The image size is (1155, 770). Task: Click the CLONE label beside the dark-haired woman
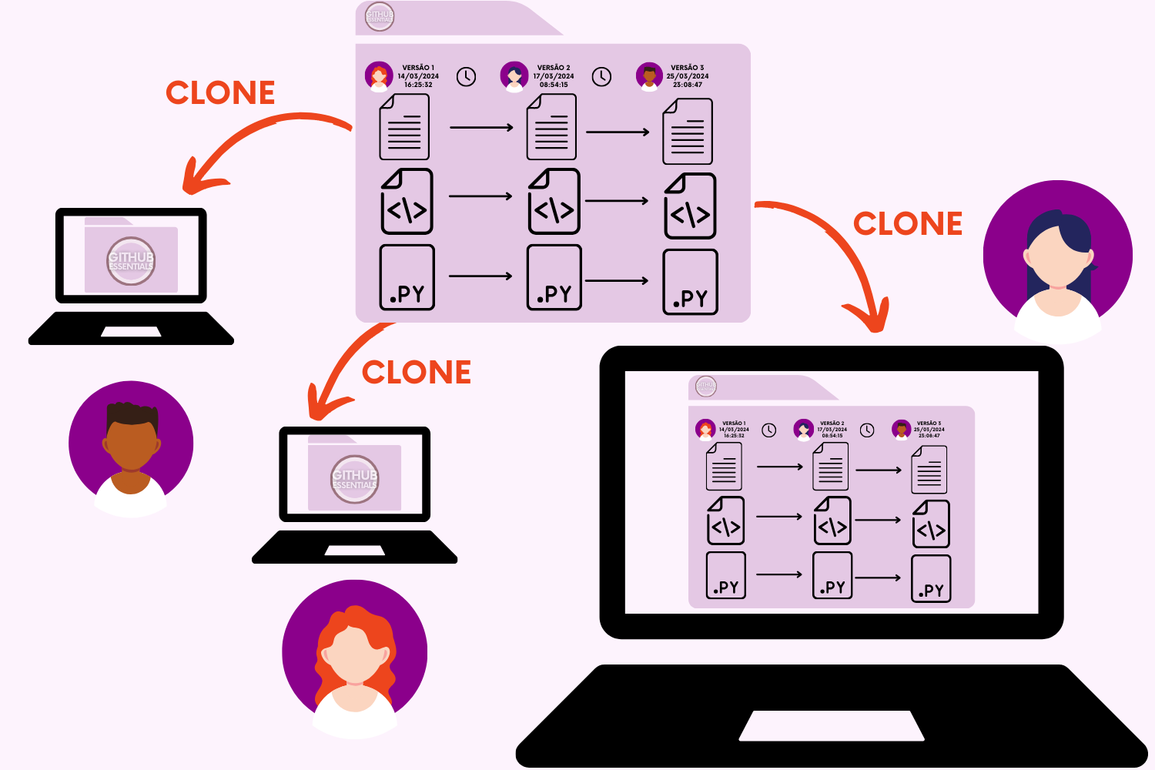(x=908, y=224)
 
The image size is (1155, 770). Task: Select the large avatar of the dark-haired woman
(x=1058, y=259)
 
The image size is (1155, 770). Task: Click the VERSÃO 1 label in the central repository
(x=418, y=68)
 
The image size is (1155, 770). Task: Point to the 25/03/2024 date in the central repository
(x=688, y=76)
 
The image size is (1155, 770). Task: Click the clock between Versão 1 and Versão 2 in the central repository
(x=466, y=77)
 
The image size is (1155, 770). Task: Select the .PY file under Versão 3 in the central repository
(x=690, y=282)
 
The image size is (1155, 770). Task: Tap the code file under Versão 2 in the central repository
(x=554, y=202)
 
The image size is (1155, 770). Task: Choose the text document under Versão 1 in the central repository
(x=404, y=127)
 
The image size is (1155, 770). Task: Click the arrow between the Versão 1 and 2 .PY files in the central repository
(x=480, y=276)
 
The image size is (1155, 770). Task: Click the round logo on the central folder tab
(x=380, y=16)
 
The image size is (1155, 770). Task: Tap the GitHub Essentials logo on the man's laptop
(x=131, y=261)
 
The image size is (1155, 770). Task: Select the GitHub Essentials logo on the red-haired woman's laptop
(x=355, y=479)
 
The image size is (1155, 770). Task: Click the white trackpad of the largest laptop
(x=832, y=725)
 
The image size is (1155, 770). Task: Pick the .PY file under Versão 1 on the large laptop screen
(x=726, y=575)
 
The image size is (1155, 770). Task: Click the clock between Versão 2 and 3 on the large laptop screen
(x=867, y=430)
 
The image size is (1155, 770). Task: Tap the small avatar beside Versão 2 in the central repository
(x=514, y=76)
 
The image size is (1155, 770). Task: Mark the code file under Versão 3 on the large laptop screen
(x=931, y=524)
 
